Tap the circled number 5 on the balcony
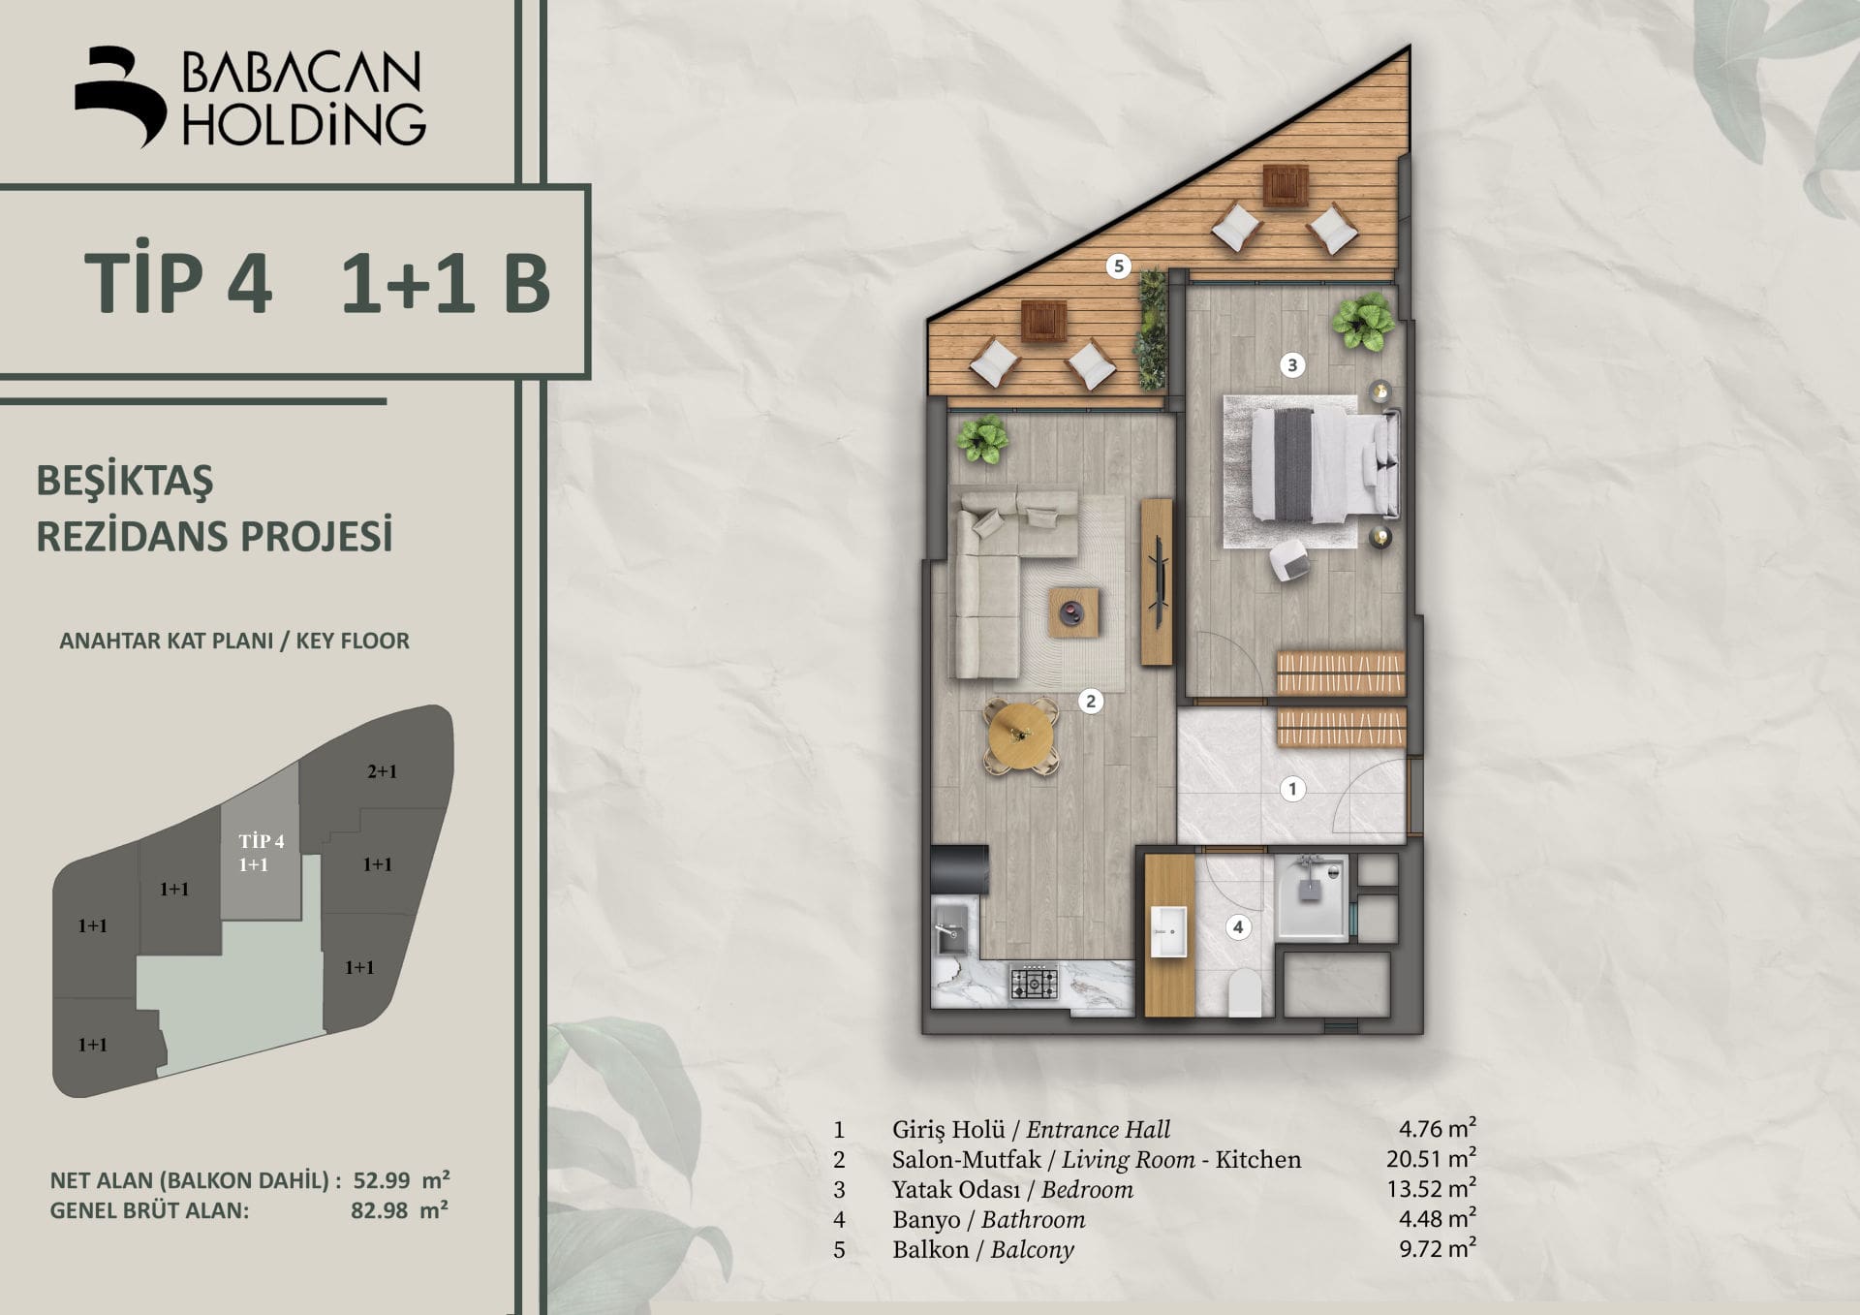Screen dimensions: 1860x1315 (1119, 266)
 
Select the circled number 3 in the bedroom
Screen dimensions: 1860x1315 (1291, 365)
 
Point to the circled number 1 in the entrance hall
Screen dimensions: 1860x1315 (1291, 789)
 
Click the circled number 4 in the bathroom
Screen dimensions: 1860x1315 (1237, 926)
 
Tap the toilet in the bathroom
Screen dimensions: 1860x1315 (1245, 993)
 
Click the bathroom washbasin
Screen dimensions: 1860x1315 (1168, 931)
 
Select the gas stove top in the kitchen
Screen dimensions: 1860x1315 (1034, 984)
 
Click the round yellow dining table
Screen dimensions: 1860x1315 (1020, 736)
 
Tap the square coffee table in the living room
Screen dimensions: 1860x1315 (1073, 611)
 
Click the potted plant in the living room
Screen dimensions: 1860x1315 (982, 440)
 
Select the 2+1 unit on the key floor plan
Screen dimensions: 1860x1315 (382, 772)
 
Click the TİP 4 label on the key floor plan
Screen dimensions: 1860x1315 (262, 841)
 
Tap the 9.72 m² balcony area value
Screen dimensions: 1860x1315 (1438, 1248)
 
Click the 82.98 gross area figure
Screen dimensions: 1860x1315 (379, 1210)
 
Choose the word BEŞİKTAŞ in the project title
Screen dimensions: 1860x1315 (125, 481)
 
